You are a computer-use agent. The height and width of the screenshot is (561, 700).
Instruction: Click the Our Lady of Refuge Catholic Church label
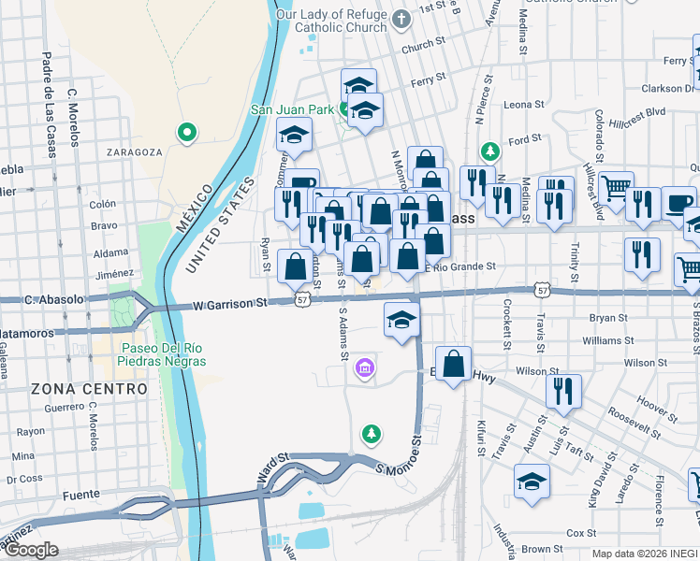(x=331, y=21)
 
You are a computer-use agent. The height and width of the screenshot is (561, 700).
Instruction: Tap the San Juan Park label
(x=291, y=109)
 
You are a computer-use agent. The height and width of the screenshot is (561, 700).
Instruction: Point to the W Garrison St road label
(x=230, y=304)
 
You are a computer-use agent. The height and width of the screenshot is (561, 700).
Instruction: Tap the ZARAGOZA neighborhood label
(x=134, y=151)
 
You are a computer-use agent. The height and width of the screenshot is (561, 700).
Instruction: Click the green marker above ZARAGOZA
(x=187, y=132)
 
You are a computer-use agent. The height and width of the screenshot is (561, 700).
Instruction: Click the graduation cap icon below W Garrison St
(x=401, y=321)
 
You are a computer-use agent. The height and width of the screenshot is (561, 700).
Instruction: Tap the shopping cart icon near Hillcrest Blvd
(x=617, y=187)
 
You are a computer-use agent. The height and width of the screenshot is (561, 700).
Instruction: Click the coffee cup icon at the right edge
(x=679, y=201)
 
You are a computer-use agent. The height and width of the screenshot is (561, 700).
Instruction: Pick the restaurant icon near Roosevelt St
(x=562, y=390)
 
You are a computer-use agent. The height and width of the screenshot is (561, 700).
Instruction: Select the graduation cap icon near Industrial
(x=532, y=481)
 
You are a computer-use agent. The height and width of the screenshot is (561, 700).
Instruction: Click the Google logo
(x=31, y=551)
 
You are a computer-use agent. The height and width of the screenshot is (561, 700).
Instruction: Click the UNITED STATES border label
(x=221, y=223)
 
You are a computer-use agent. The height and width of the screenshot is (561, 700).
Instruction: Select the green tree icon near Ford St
(x=488, y=151)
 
